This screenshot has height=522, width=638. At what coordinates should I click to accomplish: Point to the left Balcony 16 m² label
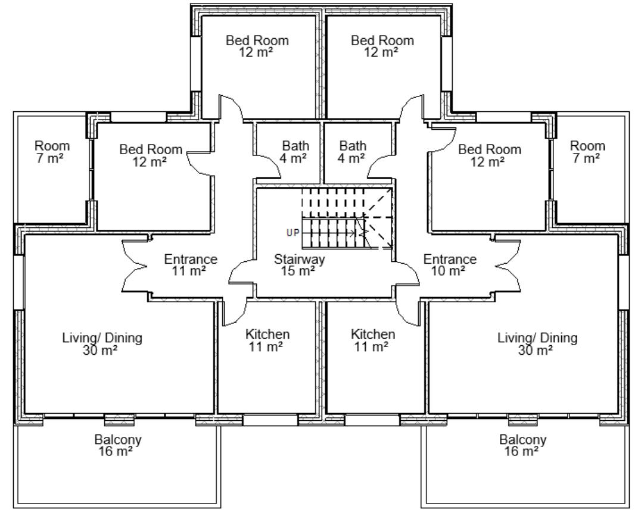pyautogui.click(x=118, y=446)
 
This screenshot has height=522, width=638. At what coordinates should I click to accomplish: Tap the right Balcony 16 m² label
pyautogui.click(x=523, y=446)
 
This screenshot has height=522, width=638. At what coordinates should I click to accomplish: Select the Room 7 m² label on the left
pyautogui.click(x=51, y=151)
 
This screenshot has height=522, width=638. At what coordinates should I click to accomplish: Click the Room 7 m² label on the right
pyautogui.click(x=587, y=151)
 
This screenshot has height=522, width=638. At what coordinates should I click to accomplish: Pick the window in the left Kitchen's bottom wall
pyautogui.click(x=270, y=420)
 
